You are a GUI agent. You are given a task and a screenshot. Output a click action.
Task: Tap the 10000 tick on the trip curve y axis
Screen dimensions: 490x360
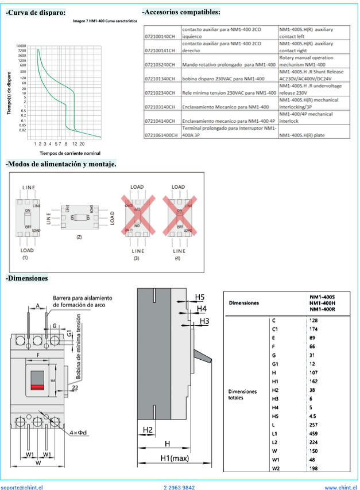21,45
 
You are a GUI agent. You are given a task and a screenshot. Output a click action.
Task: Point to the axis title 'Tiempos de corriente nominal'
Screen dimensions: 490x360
69,153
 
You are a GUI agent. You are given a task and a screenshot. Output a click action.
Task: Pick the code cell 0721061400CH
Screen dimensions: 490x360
162,135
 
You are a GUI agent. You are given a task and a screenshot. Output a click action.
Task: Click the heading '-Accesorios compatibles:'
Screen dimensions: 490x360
181,12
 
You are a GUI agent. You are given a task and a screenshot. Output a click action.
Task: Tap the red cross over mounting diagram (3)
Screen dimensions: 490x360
137,215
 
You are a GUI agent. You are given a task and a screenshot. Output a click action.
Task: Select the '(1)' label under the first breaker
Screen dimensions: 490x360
25,258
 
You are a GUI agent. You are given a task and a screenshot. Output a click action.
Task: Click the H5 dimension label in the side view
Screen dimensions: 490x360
200,297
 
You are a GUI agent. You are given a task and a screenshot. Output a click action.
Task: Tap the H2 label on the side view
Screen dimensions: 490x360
147,430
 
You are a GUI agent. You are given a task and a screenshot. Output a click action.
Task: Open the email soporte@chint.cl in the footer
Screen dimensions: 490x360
22,487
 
